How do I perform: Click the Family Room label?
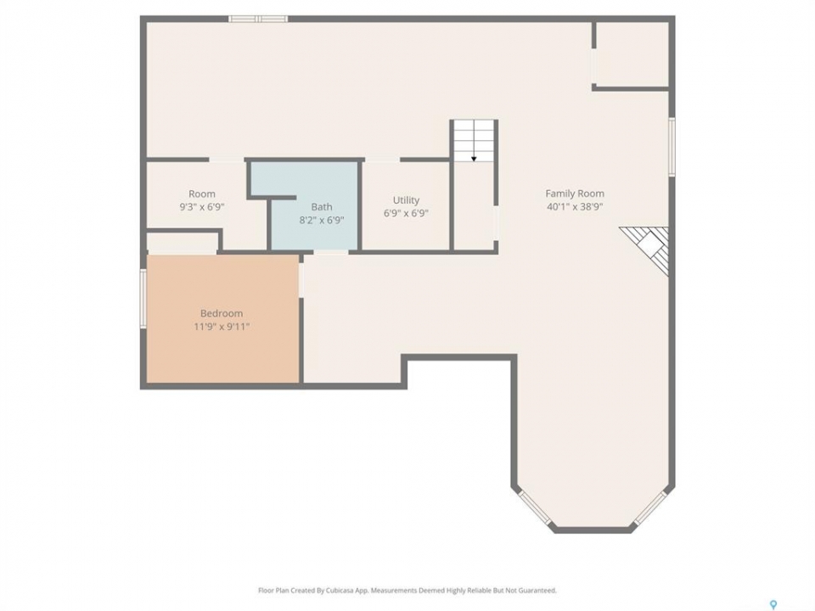(x=575, y=193)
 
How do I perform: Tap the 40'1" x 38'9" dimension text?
(x=575, y=206)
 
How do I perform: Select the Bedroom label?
(x=222, y=313)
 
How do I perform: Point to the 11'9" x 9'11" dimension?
(x=222, y=326)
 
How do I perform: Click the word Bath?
(x=322, y=207)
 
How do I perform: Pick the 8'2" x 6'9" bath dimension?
(x=322, y=220)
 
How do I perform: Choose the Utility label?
(x=406, y=200)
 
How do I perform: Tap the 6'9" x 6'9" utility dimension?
(x=406, y=213)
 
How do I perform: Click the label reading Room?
(x=202, y=193)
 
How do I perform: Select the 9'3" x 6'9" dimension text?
(x=202, y=207)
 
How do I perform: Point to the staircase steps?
(x=474, y=140)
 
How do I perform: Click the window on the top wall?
(x=258, y=20)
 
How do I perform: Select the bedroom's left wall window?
(x=143, y=298)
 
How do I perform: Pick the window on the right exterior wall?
(x=672, y=147)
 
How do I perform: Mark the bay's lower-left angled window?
(x=534, y=507)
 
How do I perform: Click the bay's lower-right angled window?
(x=650, y=507)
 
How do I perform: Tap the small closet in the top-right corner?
(x=632, y=54)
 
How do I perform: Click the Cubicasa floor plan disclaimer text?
(x=407, y=591)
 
